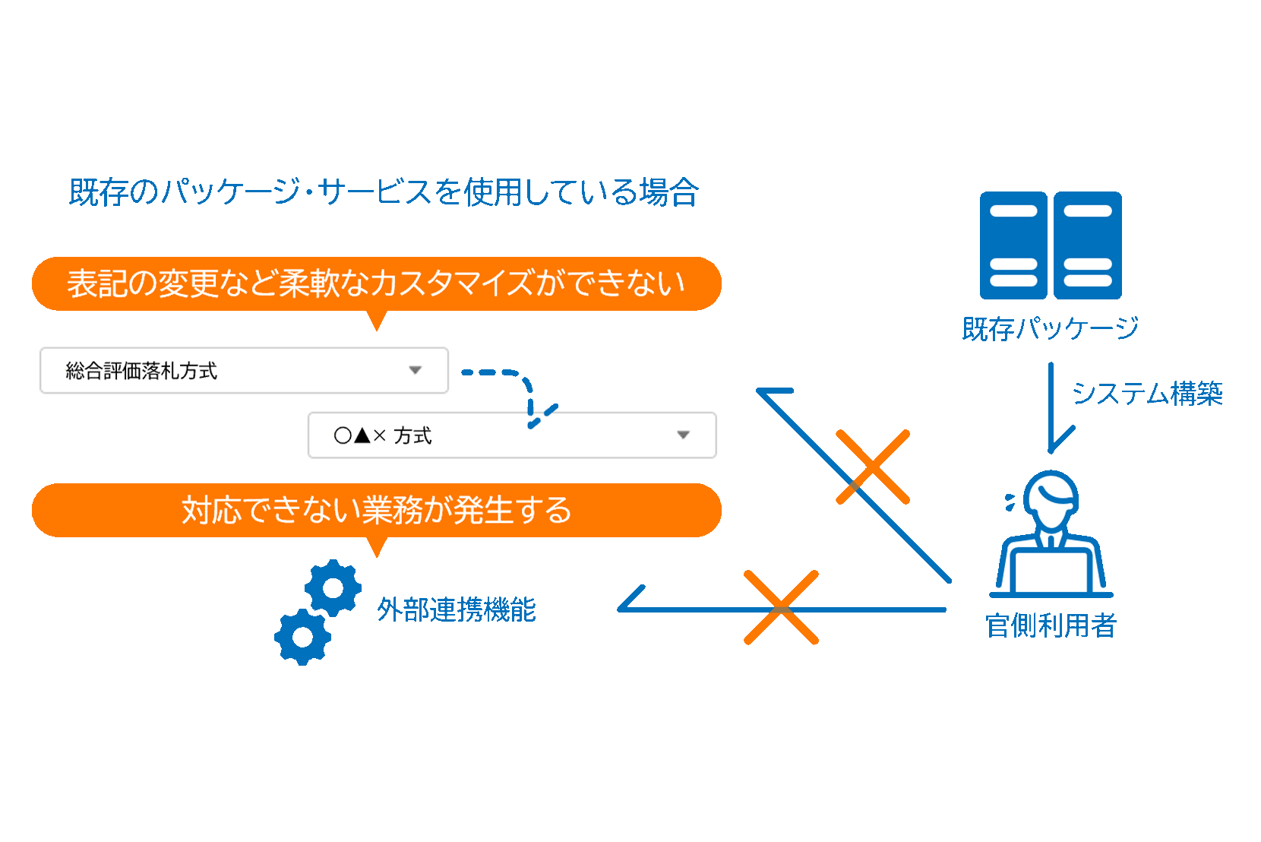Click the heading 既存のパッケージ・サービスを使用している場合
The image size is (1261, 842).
click(383, 192)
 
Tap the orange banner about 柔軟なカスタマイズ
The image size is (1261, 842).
click(376, 283)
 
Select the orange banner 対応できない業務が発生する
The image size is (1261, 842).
click(376, 510)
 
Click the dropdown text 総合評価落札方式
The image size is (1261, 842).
click(141, 371)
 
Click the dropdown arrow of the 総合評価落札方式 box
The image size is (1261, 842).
click(415, 370)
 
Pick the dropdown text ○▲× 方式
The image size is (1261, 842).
click(383, 435)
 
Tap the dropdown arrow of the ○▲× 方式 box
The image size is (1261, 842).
click(683, 435)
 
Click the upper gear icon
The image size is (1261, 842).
click(333, 587)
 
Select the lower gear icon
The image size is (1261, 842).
click(302, 637)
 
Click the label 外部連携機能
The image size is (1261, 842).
click(457, 609)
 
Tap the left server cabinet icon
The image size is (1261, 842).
click(1013, 245)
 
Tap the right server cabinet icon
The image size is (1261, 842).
click(1088, 245)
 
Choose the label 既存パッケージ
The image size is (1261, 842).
click(1050, 328)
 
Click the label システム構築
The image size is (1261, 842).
click(1147, 394)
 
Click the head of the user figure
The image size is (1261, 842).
click(1051, 499)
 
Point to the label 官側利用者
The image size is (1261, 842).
click(1051, 625)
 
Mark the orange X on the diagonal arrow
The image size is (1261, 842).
click(872, 467)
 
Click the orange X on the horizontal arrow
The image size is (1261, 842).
click(781, 607)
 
